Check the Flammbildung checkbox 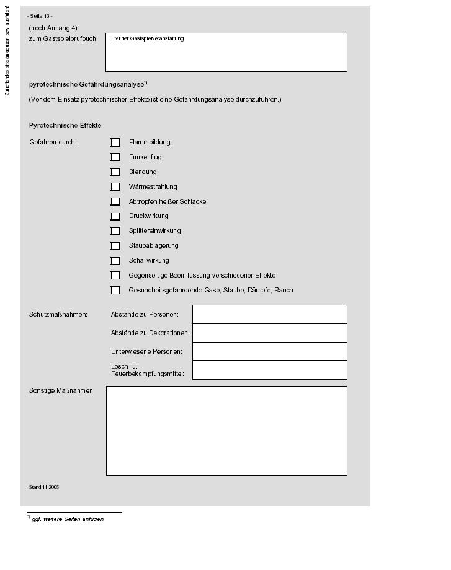click(x=115, y=142)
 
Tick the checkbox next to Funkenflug click(x=115, y=157)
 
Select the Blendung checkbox click(x=115, y=172)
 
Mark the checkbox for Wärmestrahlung click(x=115, y=187)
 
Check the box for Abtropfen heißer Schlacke click(x=115, y=201)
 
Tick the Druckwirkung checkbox click(x=115, y=216)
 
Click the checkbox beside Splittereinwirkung click(x=115, y=231)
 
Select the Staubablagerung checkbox click(x=115, y=246)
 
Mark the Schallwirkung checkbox click(x=115, y=261)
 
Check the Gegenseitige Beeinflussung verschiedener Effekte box click(x=115, y=276)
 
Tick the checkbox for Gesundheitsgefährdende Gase click(x=115, y=290)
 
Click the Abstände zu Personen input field click(x=269, y=314)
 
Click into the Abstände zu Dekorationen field click(x=269, y=333)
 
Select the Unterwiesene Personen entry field click(x=269, y=351)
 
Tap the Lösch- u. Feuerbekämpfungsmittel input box click(x=269, y=370)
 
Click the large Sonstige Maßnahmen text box click(x=226, y=431)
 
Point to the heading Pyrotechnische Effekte click(x=65, y=126)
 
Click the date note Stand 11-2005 click(x=44, y=488)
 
